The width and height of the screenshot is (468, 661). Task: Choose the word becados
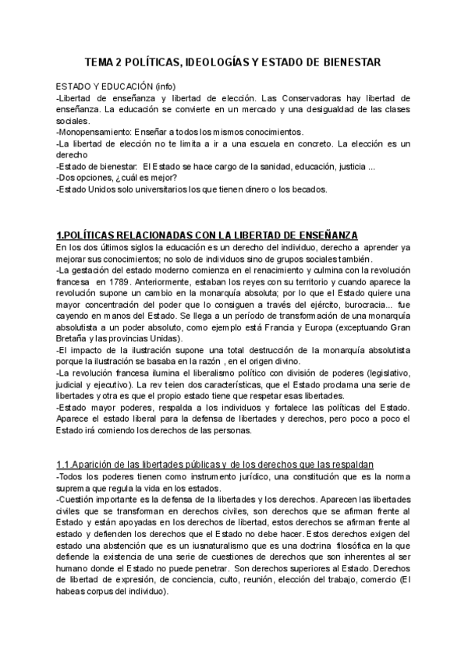coord(307,189)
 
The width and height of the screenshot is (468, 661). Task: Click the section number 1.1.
coord(66,465)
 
